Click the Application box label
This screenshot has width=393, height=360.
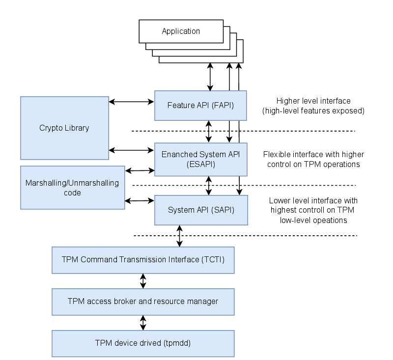(x=181, y=31)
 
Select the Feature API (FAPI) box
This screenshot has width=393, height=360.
(x=200, y=105)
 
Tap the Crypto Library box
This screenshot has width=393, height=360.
(x=64, y=128)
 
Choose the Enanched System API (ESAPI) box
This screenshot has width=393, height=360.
(x=200, y=159)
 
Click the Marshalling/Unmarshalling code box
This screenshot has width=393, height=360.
(x=72, y=188)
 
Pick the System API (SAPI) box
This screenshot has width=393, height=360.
(x=200, y=210)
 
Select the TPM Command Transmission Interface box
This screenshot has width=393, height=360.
(x=143, y=259)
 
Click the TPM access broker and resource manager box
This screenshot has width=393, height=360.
(x=143, y=301)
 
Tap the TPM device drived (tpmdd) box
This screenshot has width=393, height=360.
(x=143, y=343)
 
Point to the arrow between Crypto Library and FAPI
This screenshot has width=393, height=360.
(x=132, y=102)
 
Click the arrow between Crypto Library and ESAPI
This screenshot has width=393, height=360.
(x=132, y=149)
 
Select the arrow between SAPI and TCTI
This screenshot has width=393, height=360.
(x=180, y=236)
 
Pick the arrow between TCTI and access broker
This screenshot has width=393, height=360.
(x=143, y=281)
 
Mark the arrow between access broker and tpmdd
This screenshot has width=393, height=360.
(x=143, y=323)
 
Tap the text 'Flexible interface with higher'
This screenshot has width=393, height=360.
(x=313, y=154)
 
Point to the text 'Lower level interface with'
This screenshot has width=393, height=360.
(x=313, y=200)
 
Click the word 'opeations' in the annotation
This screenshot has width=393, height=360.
(x=330, y=220)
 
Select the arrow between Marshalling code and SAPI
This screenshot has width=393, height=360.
(x=140, y=200)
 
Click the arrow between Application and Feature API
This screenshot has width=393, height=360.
(x=210, y=77)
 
